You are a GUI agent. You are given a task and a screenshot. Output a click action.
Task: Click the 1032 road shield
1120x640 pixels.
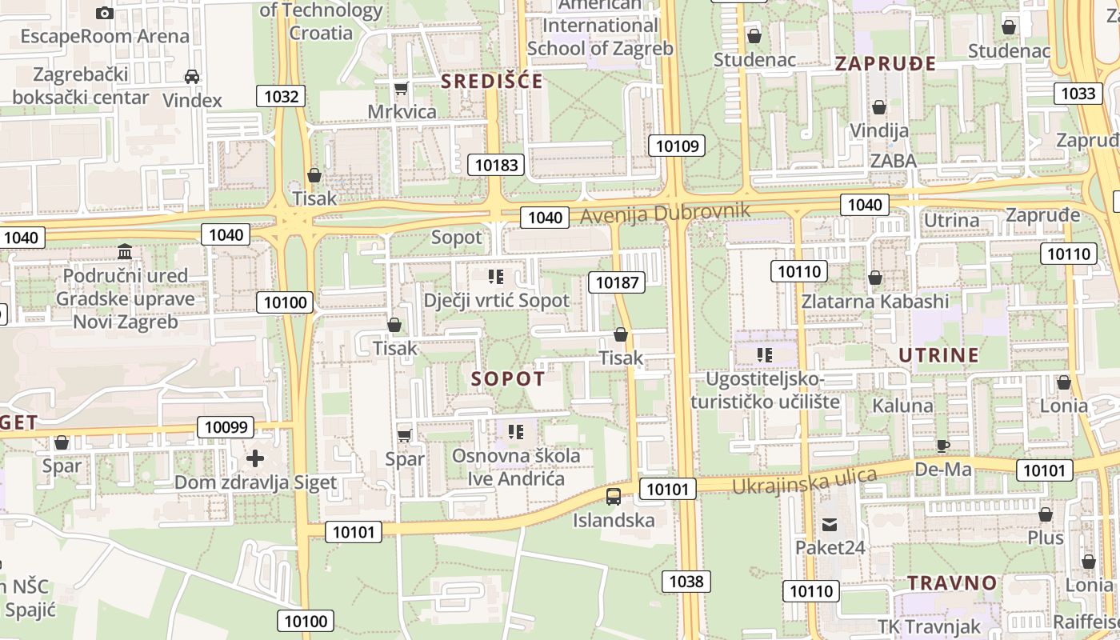pyautogui.click(x=281, y=97)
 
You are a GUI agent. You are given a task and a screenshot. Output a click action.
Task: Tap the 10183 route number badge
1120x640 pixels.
pyautogui.click(x=496, y=165)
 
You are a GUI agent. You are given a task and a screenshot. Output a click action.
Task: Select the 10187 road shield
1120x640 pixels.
pyautogui.click(x=617, y=282)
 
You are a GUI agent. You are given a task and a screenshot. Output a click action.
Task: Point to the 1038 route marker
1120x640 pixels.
pyautogui.click(x=686, y=582)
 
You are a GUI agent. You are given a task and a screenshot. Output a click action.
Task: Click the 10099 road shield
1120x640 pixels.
pyautogui.click(x=226, y=427)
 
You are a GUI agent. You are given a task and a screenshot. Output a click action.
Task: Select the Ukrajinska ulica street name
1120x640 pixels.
pyautogui.click(x=804, y=481)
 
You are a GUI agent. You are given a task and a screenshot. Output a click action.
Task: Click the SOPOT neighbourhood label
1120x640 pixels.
pyautogui.click(x=508, y=379)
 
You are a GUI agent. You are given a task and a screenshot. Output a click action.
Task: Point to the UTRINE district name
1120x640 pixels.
pyautogui.click(x=938, y=355)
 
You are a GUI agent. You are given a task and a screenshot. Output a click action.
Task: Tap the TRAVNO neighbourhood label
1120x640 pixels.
pyautogui.click(x=952, y=582)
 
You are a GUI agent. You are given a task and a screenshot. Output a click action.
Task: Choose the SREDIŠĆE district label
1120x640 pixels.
pyautogui.click(x=492, y=81)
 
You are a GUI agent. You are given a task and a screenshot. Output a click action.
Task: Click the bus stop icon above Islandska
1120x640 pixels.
pyautogui.click(x=614, y=497)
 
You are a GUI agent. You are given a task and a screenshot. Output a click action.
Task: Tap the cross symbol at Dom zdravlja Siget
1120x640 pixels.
pyautogui.click(x=255, y=458)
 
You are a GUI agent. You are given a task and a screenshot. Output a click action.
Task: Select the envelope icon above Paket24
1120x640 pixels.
pyautogui.click(x=829, y=525)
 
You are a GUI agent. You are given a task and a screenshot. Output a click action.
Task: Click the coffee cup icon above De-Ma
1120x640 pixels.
pyautogui.click(x=943, y=446)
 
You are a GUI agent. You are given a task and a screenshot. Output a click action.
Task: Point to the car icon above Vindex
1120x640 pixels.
pyautogui.click(x=192, y=77)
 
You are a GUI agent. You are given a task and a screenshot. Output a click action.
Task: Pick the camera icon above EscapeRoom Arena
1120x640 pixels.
pyautogui.click(x=104, y=13)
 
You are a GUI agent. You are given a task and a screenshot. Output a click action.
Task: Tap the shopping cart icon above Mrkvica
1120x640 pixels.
pyautogui.click(x=402, y=88)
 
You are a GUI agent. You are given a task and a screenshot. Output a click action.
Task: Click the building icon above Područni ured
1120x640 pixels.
pyautogui.click(x=125, y=252)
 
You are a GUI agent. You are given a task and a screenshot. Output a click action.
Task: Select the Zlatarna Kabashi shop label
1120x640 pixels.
pyautogui.click(x=875, y=302)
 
